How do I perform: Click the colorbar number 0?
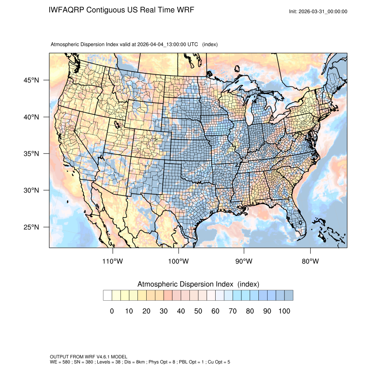[112, 311]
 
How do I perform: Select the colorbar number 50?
[198, 311]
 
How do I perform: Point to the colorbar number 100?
[284, 311]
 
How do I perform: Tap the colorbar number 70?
[232, 311]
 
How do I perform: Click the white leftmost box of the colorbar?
[107, 295]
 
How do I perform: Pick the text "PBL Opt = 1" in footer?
[187, 362]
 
